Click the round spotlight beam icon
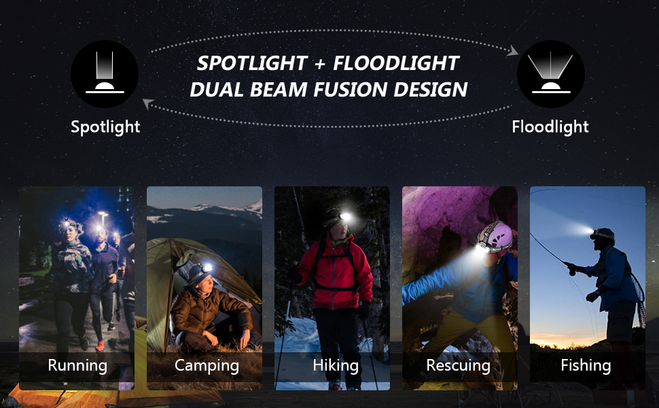pyautogui.click(x=105, y=74)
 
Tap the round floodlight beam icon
pyautogui.click(x=551, y=74)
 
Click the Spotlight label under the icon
pyautogui.click(x=105, y=126)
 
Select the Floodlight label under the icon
pyautogui.click(x=550, y=126)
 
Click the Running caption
pyautogui.click(x=77, y=365)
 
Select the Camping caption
pyautogui.click(x=207, y=365)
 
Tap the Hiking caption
pyautogui.click(x=335, y=365)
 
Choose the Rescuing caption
pyautogui.click(x=458, y=365)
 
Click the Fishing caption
pyautogui.click(x=586, y=365)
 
